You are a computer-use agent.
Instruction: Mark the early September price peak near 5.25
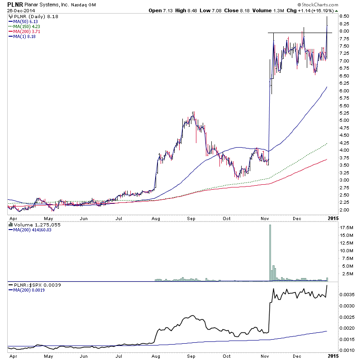(194, 112)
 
